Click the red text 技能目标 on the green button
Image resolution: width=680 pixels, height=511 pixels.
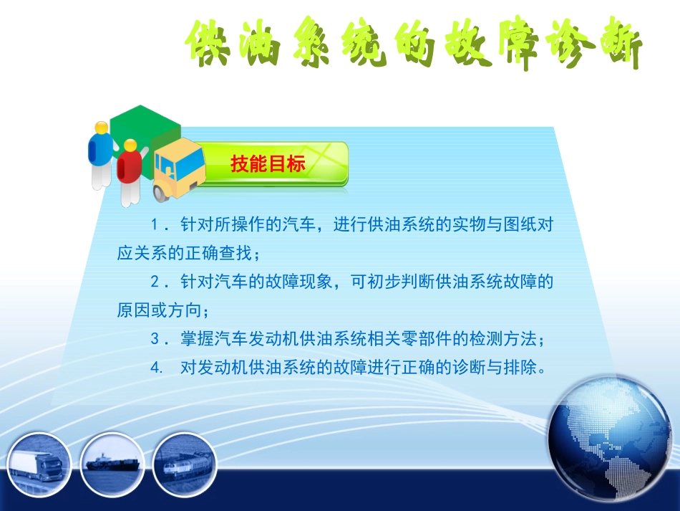click(x=268, y=163)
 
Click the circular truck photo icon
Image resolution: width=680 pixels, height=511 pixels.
click(x=40, y=464)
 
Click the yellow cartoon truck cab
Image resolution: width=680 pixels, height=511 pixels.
click(x=176, y=164)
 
